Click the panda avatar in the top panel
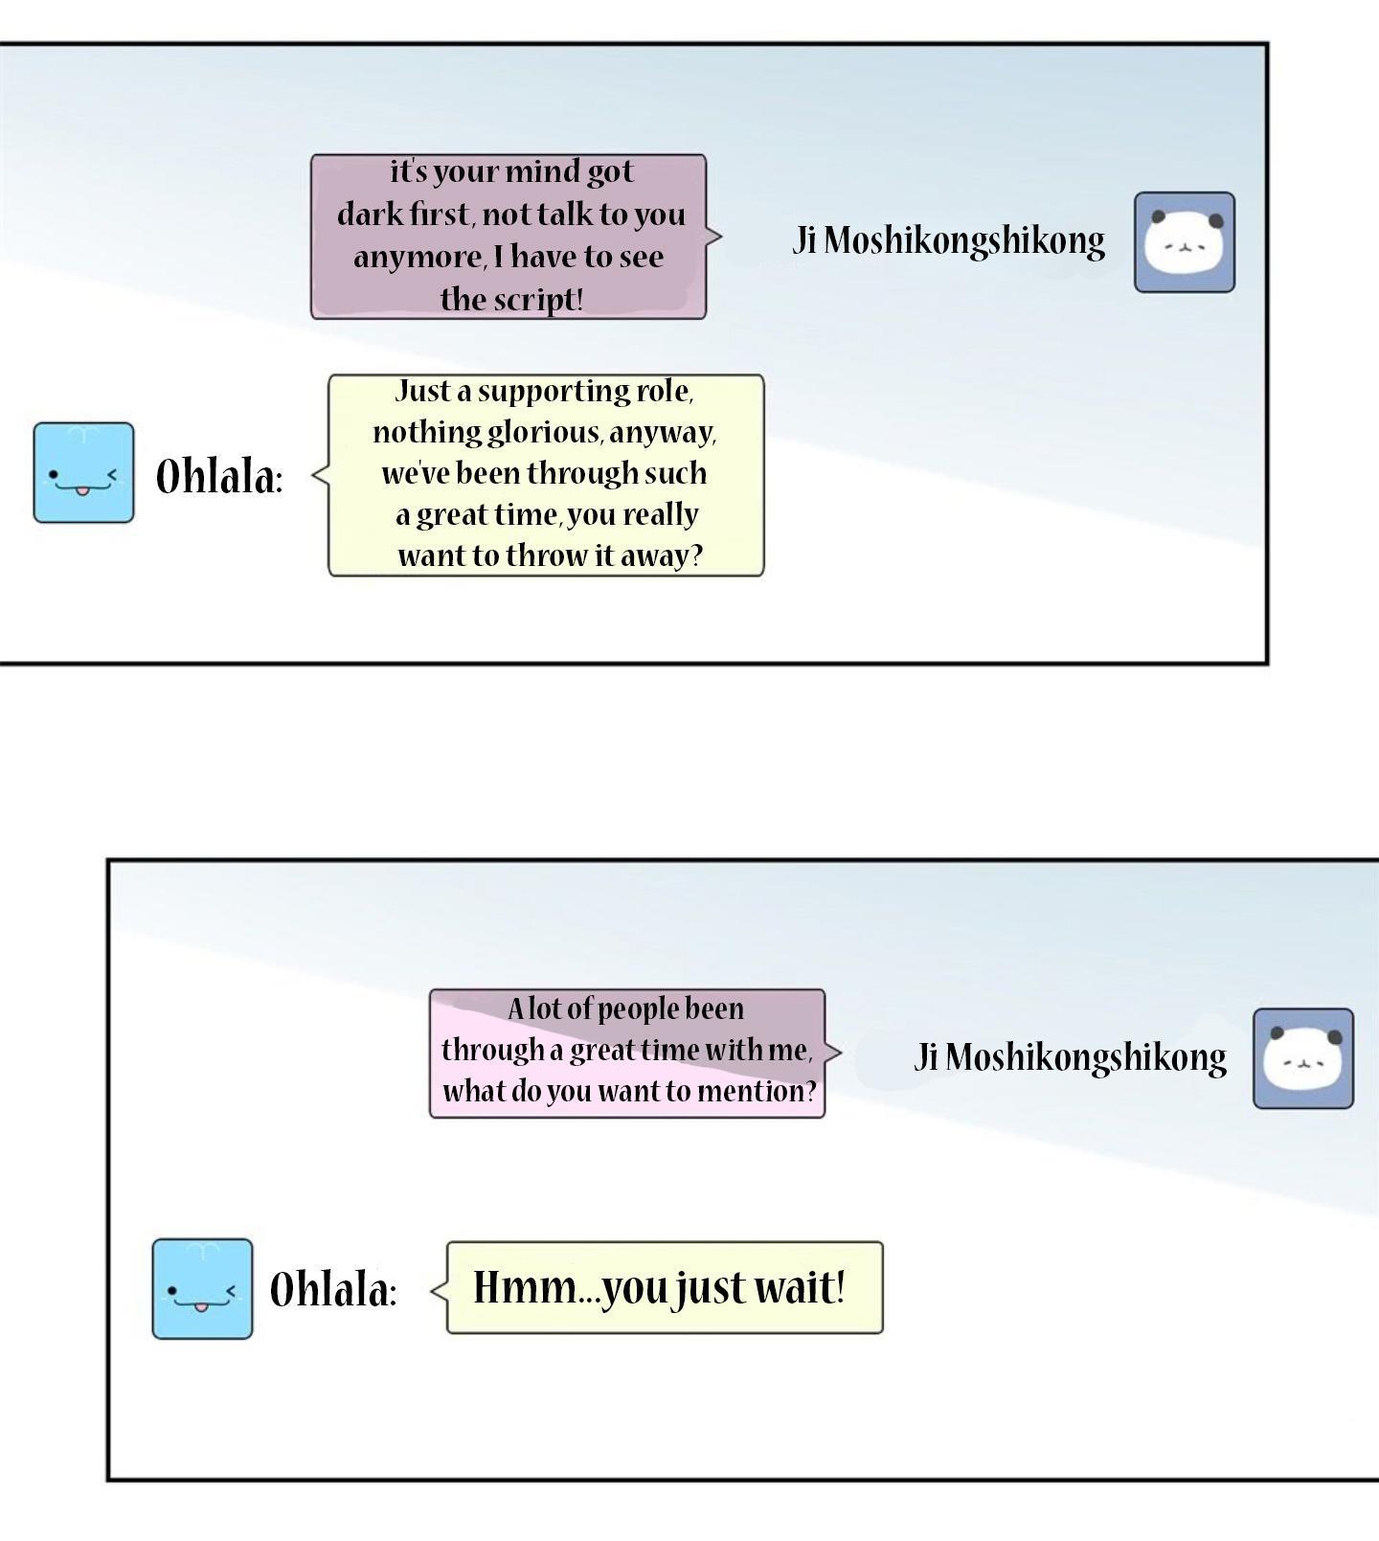[1185, 242]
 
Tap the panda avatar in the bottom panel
[1303, 1058]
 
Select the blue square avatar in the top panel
[83, 473]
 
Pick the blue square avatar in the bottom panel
[202, 1289]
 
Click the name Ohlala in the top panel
[219, 475]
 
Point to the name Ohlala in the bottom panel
[332, 1289]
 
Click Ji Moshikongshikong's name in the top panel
[949, 240]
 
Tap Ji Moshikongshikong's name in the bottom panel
[1071, 1057]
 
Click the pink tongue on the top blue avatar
[83, 491]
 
